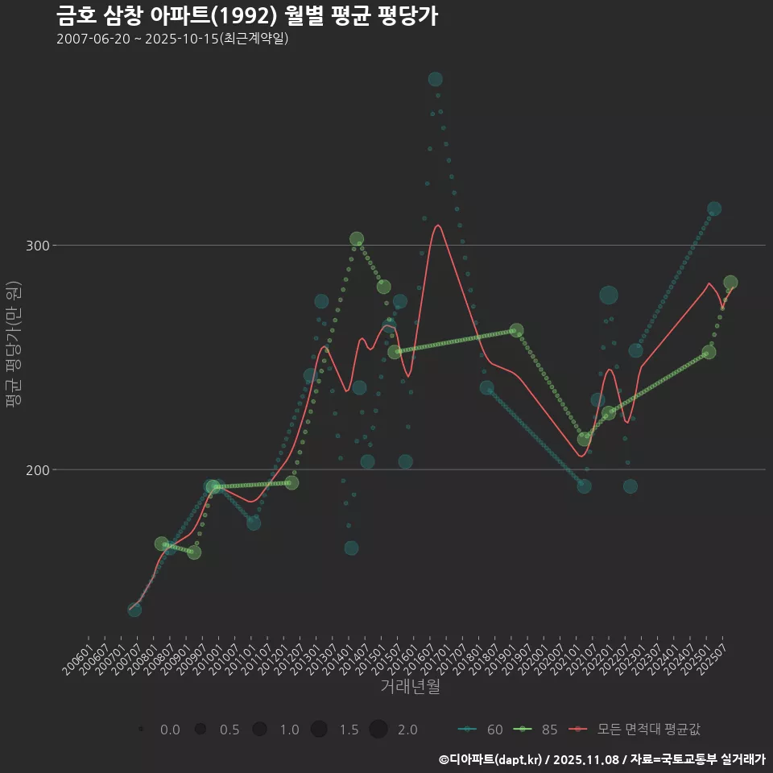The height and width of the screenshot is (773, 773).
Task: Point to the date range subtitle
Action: pyautogui.click(x=172, y=39)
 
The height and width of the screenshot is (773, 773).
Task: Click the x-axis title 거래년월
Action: pyautogui.click(x=410, y=687)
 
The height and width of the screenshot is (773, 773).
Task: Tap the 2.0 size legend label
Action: pyautogui.click(x=407, y=730)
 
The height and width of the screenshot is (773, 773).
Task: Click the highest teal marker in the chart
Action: pyautogui.click(x=436, y=79)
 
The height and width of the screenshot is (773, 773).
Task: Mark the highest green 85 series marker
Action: pyautogui.click(x=357, y=239)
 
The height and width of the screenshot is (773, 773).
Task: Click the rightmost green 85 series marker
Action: pyautogui.click(x=730, y=283)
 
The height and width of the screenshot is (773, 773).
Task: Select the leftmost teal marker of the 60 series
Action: pyautogui.click(x=134, y=610)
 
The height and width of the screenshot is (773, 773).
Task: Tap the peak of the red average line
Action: pyautogui.click(x=438, y=225)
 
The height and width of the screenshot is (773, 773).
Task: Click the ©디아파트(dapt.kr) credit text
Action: pyautogui.click(x=491, y=759)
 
